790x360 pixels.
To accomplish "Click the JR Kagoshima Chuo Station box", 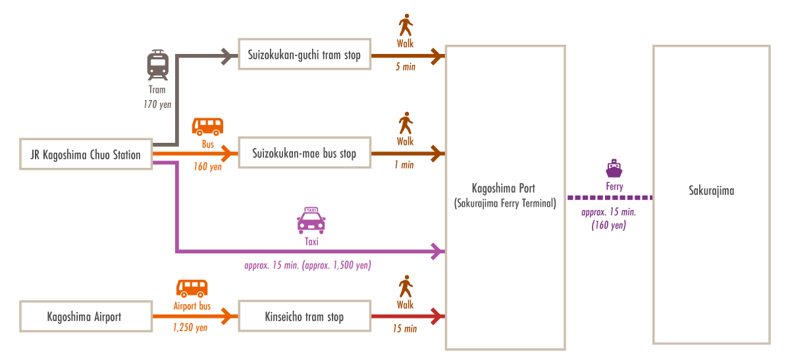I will point(86,155).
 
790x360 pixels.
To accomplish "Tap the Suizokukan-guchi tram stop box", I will point(304,55).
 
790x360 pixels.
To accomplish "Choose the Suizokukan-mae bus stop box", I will point(304,154).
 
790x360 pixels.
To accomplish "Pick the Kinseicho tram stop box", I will point(304,317).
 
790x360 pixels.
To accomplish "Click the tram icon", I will point(158,64).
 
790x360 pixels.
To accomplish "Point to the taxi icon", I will point(311,220).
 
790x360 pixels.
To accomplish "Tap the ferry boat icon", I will point(614,169).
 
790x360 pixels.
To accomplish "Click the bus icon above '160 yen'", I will point(207,126).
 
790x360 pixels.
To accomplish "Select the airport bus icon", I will point(192,288).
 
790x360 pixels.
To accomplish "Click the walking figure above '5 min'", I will point(406,26).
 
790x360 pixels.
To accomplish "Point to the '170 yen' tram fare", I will point(157,104).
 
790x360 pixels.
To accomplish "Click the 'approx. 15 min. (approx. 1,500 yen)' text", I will point(308,266).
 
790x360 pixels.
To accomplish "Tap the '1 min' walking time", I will point(405,165).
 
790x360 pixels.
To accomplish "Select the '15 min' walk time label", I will point(405,328).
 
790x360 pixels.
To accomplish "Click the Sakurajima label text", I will point(711,191).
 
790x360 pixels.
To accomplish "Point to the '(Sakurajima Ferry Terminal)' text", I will point(505,203).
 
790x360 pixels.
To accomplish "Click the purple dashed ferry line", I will point(609,197).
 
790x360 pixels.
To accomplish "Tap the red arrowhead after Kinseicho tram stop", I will point(437,317).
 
